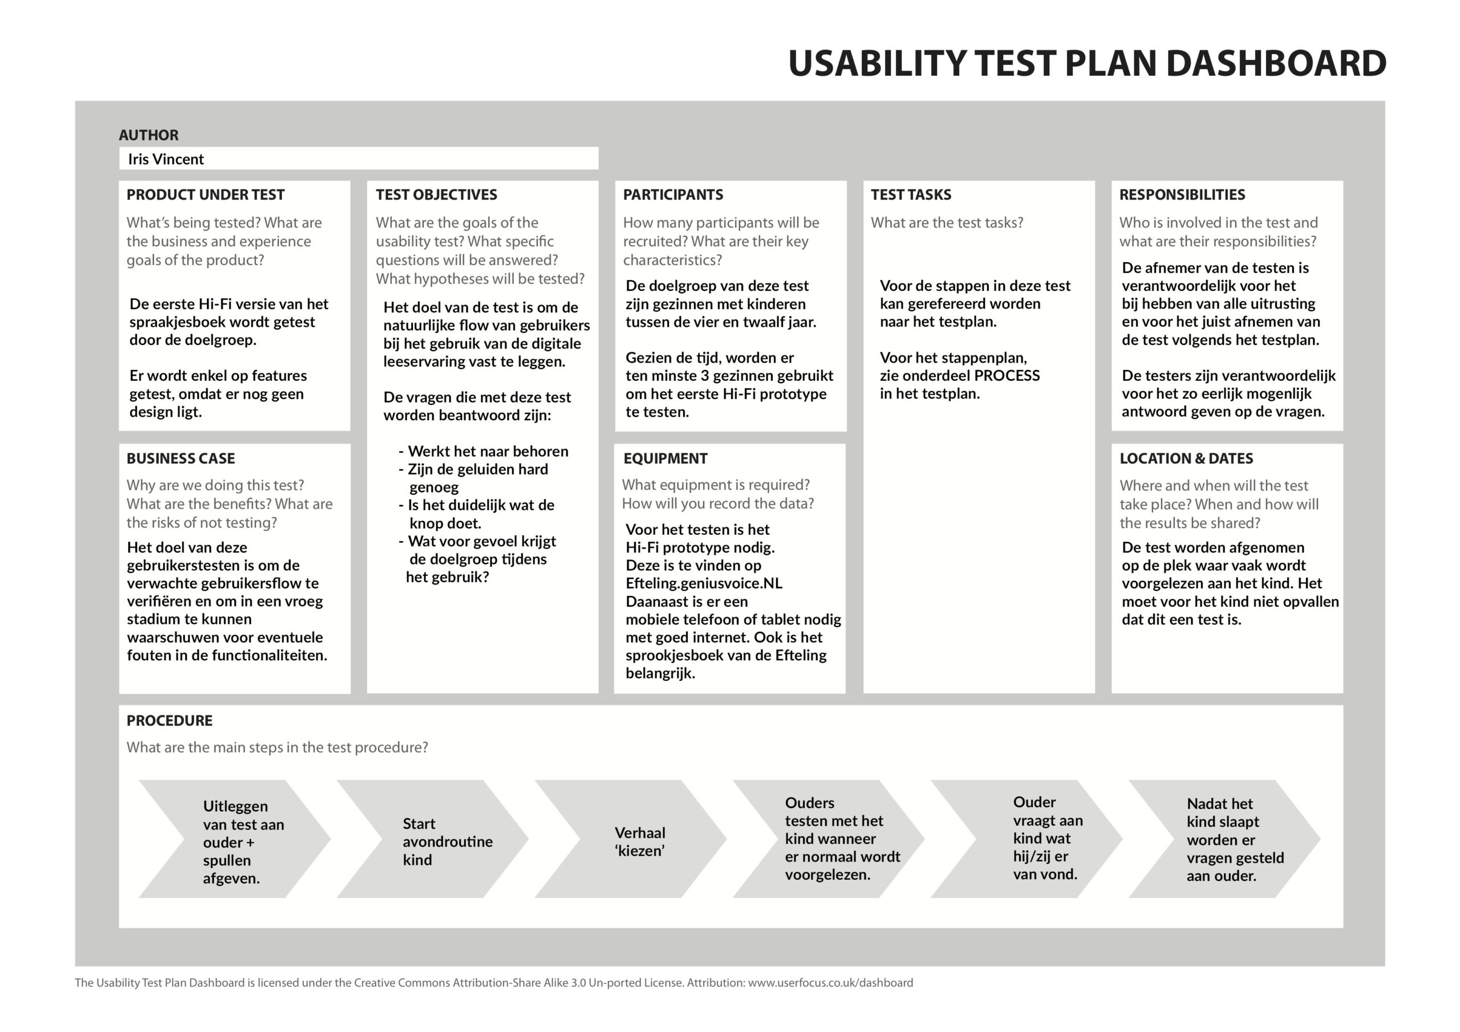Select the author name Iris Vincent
(166, 159)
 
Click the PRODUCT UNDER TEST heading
(205, 194)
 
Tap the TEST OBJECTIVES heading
(436, 194)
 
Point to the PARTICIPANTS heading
(673, 194)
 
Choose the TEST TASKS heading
(911, 194)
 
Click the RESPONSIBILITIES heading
(1182, 194)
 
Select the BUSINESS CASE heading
(181, 458)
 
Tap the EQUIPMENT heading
(665, 458)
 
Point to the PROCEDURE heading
(170, 721)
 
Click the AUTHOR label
(149, 135)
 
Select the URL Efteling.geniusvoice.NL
(704, 584)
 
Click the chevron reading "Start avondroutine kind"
(433, 839)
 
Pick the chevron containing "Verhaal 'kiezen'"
(631, 839)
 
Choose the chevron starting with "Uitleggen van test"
(234, 839)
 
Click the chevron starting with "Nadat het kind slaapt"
(1224, 839)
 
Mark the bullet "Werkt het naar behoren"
(483, 452)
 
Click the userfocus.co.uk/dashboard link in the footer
(830, 983)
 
